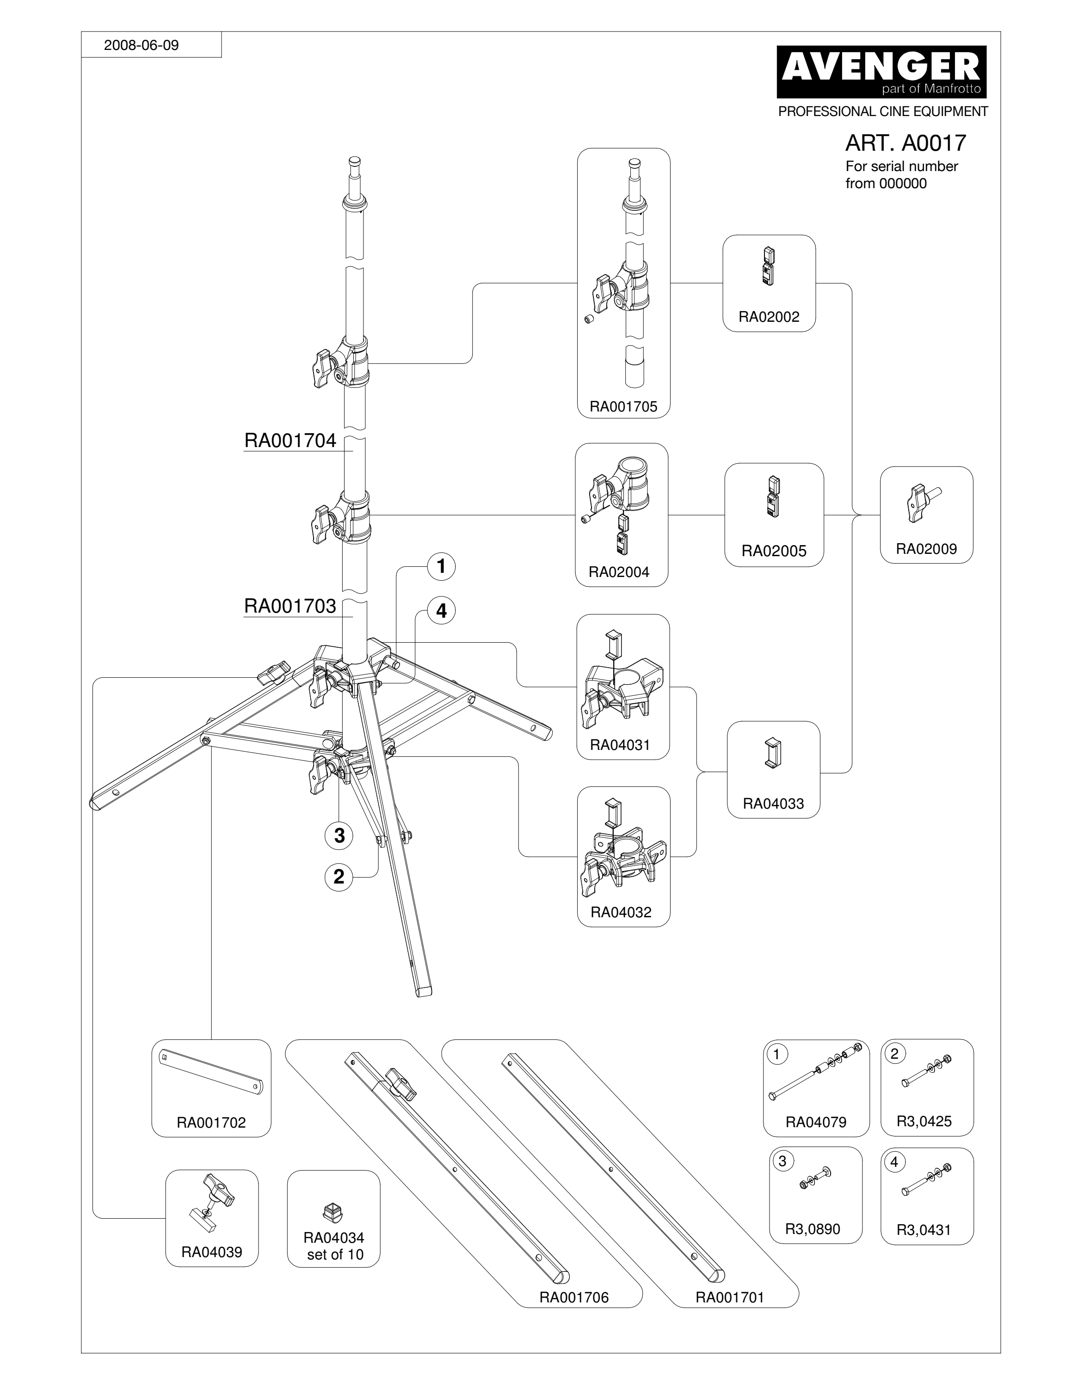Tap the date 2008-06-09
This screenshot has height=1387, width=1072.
pos(142,45)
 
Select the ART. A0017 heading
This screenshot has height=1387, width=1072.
pos(905,143)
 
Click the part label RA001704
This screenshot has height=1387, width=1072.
pos(290,440)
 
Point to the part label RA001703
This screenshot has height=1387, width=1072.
pos(290,606)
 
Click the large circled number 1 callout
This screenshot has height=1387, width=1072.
pos(441,566)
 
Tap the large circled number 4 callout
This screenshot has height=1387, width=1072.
pos(441,611)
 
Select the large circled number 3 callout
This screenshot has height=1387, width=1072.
pos(339,835)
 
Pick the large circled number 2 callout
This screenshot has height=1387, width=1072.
pos(339,877)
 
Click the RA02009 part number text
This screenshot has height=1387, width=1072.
pos(926,549)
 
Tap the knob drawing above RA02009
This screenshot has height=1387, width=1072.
pos(923,502)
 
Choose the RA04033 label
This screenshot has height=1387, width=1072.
pos(773,804)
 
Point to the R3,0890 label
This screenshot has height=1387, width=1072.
pos(812,1229)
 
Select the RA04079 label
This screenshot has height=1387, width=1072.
pos(816,1122)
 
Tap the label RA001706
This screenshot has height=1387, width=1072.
pos(574,1297)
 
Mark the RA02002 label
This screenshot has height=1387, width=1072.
pos(769,317)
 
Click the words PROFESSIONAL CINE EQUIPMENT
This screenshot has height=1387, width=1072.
pos(883,111)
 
